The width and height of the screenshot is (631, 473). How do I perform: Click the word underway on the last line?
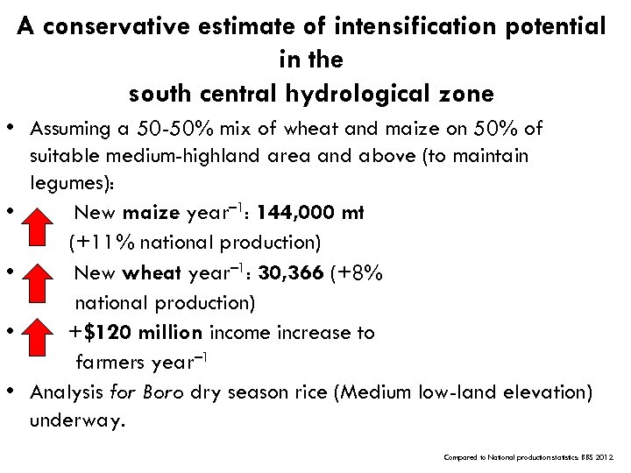coord(76,420)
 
